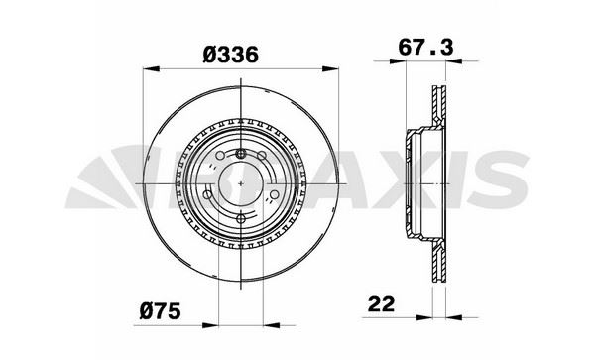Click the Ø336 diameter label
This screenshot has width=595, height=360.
(x=231, y=55)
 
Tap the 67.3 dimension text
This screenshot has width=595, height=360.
(x=425, y=48)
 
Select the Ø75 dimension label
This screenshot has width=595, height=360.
(x=160, y=311)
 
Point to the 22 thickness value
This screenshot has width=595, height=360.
(x=381, y=303)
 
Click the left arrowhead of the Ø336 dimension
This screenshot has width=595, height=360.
(x=151, y=68)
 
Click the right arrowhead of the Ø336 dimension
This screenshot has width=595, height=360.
(x=330, y=68)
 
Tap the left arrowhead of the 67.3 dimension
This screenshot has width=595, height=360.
(x=398, y=60)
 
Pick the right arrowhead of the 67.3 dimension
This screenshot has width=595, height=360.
(x=454, y=60)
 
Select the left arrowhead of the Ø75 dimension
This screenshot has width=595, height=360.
(x=210, y=325)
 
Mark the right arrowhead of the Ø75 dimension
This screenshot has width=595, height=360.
(x=272, y=325)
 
